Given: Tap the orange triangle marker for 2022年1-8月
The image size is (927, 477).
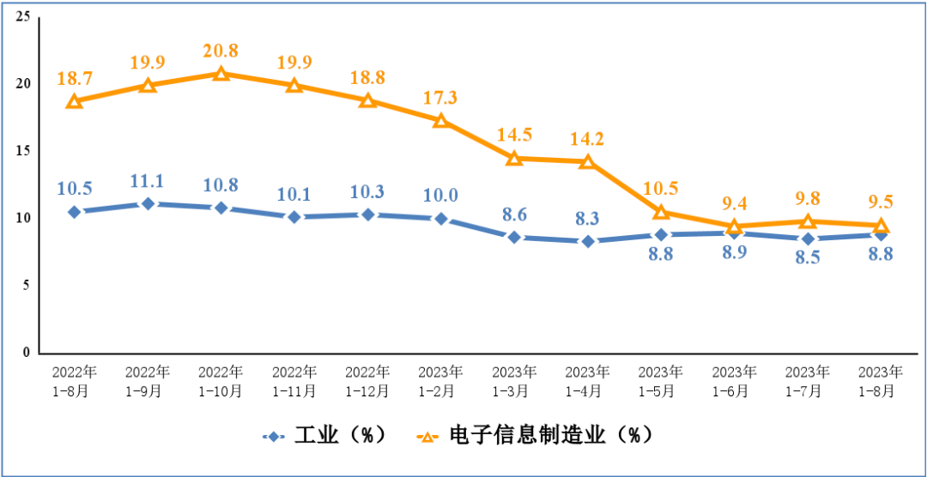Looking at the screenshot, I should pyautogui.click(x=75, y=101).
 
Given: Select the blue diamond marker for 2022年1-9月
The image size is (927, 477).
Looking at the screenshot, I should pyautogui.click(x=148, y=203).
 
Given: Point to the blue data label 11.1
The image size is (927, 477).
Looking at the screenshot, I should pyautogui.click(x=148, y=180).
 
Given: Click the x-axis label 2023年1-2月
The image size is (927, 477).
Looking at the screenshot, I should pyautogui.click(x=440, y=381).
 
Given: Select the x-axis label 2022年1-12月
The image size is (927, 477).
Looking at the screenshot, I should pyautogui.click(x=367, y=381).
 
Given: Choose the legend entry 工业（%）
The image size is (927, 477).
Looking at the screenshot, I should pyautogui.click(x=323, y=436).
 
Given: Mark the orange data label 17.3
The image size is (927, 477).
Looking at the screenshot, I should pyautogui.click(x=440, y=97).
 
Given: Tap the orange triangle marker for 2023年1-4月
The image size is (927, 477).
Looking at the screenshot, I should pyautogui.click(x=587, y=161).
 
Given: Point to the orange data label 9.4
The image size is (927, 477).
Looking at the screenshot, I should pyautogui.click(x=734, y=203).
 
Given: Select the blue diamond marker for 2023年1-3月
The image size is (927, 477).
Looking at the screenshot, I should pyautogui.click(x=514, y=237).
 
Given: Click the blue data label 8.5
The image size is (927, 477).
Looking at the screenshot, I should pyautogui.click(x=807, y=257).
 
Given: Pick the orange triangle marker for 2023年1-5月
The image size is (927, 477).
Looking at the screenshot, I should pyautogui.click(x=661, y=211).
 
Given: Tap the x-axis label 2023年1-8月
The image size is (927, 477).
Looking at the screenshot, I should pyautogui.click(x=881, y=381).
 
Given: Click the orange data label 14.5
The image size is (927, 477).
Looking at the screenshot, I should pyautogui.click(x=514, y=135).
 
